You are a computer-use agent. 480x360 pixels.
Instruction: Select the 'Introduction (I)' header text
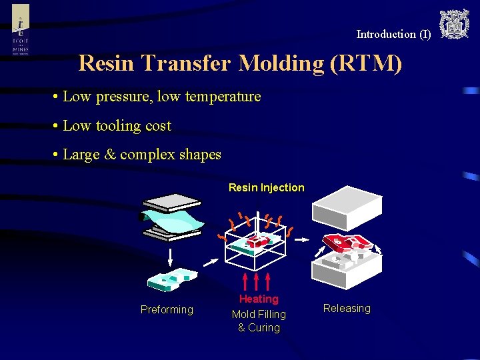tap(393, 34)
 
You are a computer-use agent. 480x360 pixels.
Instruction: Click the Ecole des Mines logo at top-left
tap(21, 30)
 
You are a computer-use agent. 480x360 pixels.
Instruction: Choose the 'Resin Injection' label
tap(266, 188)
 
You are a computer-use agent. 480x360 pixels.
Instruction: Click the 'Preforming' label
tap(167, 309)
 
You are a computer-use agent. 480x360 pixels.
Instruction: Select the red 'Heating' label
tap(259, 299)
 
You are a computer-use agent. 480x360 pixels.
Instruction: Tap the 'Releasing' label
tap(347, 308)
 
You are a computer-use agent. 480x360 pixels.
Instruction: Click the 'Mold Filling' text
tap(259, 314)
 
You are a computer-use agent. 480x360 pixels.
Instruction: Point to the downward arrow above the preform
tap(171, 257)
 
